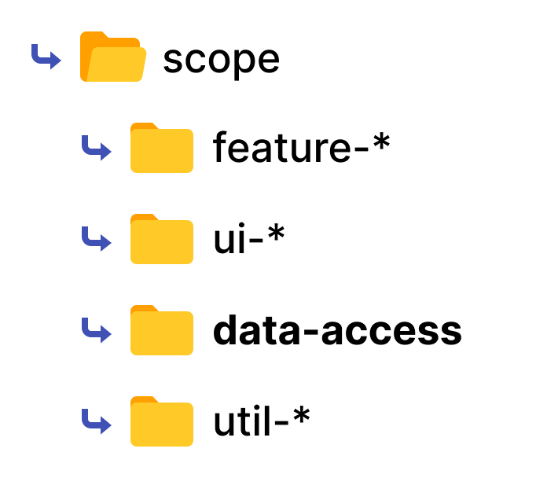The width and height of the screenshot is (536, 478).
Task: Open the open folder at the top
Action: pos(112,57)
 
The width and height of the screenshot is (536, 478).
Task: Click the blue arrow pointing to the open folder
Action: pos(46,57)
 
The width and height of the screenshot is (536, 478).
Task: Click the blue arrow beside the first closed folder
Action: pos(96,148)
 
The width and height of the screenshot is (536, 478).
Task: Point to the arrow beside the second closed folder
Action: pos(96,239)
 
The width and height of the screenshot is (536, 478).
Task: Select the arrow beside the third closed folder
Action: pos(96,330)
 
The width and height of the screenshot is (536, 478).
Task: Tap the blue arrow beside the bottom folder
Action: pos(96,421)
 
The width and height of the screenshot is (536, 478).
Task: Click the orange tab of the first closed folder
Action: pos(143,126)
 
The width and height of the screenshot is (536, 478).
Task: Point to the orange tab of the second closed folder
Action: pos(143,217)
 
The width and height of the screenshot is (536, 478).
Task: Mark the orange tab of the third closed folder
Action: pos(143,308)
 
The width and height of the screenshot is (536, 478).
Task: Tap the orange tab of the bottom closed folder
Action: pos(143,399)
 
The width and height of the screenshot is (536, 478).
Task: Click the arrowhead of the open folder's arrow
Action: pos(56,61)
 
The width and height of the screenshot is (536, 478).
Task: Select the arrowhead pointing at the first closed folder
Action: pos(106,152)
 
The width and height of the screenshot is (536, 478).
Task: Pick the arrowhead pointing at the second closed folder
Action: pos(106,243)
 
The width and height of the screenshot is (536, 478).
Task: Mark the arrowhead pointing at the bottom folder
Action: pos(106,425)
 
